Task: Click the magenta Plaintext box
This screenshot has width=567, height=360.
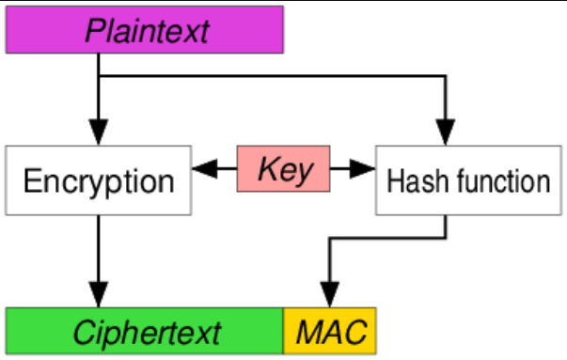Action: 145,28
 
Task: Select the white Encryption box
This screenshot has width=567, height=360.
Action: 99,180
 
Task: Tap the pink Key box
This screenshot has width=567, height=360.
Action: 283,169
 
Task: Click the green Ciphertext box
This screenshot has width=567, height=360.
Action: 146,330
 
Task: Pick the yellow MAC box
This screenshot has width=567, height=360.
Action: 330,330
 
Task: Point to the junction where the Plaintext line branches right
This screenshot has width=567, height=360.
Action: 99,76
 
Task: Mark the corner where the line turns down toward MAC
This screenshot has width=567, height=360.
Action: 329,238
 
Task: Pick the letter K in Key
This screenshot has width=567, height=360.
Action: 265,169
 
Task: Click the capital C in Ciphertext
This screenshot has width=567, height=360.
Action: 82,331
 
